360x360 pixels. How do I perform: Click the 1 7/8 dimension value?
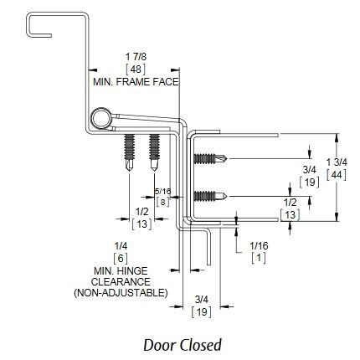coord(136,57)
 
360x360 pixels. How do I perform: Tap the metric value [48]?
coord(136,69)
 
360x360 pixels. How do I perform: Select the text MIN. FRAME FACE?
coord(136,82)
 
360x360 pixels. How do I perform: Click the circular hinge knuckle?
coord(100,118)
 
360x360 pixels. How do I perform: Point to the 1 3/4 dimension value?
coord(337,162)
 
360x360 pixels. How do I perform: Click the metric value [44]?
coord(337,175)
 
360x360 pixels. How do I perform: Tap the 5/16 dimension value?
coord(162,191)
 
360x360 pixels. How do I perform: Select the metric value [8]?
coord(162,202)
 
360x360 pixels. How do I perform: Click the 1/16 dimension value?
coord(259,246)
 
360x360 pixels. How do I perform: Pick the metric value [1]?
coord(259,258)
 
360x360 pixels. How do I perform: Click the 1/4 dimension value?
coord(121,246)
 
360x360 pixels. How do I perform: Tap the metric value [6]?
coord(121,259)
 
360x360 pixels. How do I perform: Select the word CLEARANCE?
coord(121,282)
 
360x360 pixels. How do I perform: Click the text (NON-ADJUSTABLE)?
coord(121,293)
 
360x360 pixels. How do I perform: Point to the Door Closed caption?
coord(183,345)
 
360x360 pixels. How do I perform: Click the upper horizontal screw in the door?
coord(210,159)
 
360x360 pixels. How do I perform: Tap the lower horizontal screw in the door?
coord(210,196)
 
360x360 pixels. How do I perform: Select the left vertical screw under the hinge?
coord(129,152)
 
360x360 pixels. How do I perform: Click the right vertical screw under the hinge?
coord(154,152)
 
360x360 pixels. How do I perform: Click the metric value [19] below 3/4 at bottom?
coord(201,312)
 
